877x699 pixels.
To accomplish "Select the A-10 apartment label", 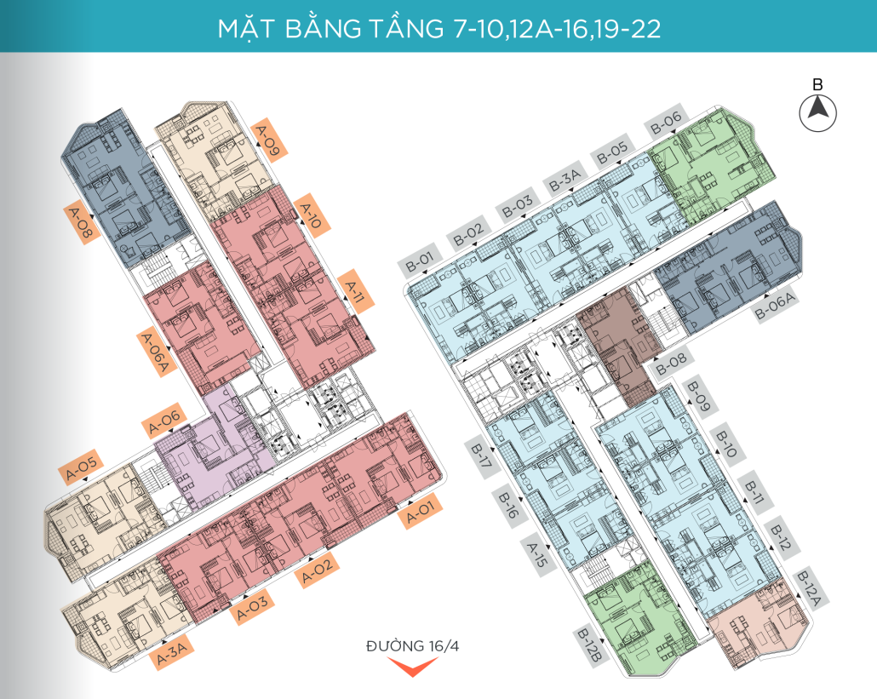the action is click(311, 216).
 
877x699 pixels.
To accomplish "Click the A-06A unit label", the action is click(156, 352).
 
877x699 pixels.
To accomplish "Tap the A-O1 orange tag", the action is click(420, 511).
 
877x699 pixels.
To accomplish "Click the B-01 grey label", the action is click(420, 261).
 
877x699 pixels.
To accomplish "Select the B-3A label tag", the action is click(565, 179).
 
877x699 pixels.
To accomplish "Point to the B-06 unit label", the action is click(666, 122).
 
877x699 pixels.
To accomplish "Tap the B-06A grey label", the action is click(775, 306).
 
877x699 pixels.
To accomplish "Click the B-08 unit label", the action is click(671, 364).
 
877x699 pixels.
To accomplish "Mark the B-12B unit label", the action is click(590, 646).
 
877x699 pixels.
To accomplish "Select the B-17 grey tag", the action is click(482, 456).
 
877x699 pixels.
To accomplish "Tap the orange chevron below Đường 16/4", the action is click(412, 666).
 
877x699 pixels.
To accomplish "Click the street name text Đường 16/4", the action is click(412, 646).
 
